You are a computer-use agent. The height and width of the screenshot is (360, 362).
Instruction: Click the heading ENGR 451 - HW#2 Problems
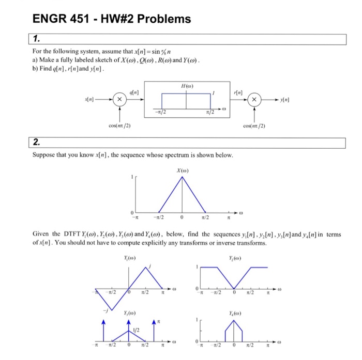pos(111,19)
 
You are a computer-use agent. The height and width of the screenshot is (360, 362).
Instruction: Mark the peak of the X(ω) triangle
pos(182,178)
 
